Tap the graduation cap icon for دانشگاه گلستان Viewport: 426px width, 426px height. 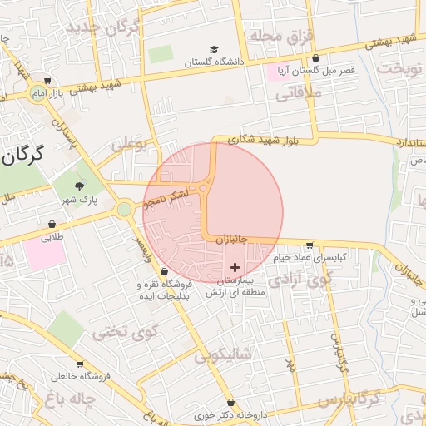tap(214, 51)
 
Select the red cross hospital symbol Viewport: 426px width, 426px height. tap(235, 267)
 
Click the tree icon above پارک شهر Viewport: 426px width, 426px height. tap(80, 187)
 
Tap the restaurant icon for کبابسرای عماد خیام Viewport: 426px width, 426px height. tap(310, 246)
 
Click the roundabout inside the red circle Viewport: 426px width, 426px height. tap(204, 189)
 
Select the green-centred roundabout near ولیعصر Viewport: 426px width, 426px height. tap(125, 210)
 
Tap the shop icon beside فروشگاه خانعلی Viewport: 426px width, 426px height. tap(80, 364)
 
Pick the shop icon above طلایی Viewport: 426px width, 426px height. tap(52, 225)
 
